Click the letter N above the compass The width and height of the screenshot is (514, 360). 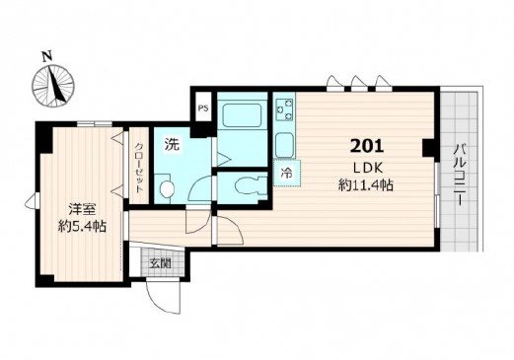(x=48, y=56)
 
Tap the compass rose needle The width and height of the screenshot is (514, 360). (x=55, y=83)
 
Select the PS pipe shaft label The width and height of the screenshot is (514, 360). (x=203, y=108)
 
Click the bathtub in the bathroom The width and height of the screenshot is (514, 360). (x=243, y=115)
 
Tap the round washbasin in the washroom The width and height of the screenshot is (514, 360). (x=167, y=189)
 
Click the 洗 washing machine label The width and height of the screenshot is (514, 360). (x=173, y=144)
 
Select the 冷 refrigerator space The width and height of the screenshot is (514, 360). (x=287, y=173)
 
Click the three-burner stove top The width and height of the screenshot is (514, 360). (x=285, y=109)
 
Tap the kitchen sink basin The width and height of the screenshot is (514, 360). (x=284, y=145)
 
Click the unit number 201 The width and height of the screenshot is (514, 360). (x=367, y=146)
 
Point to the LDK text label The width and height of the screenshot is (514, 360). (x=368, y=169)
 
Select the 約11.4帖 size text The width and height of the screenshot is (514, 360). (x=366, y=185)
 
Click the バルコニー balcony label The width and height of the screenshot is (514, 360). (x=460, y=175)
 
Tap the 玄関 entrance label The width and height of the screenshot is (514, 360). (x=160, y=263)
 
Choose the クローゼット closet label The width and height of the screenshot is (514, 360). (x=139, y=168)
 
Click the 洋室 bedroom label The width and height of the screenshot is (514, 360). (x=82, y=209)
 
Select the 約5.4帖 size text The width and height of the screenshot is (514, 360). (x=82, y=227)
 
